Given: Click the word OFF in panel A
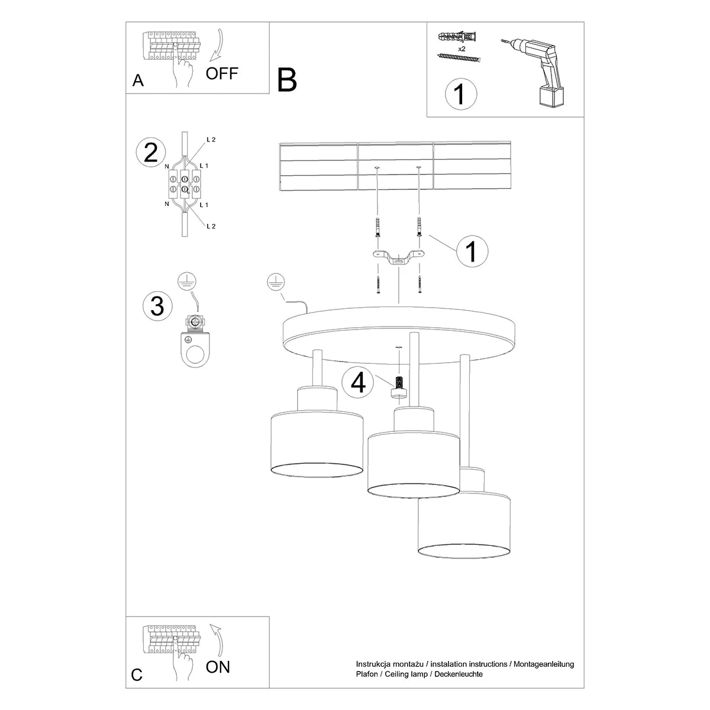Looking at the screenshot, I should [x=222, y=73].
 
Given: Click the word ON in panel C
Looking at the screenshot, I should [x=218, y=667].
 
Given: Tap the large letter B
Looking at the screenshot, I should [x=287, y=80].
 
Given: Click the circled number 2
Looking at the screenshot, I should [x=150, y=153].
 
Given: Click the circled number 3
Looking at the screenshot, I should [x=157, y=306].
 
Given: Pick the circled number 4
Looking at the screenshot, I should [x=359, y=383].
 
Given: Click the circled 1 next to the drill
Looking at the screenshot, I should [x=460, y=95].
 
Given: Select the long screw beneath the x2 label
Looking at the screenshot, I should [x=459, y=57].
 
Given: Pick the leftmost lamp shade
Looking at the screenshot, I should [x=317, y=441].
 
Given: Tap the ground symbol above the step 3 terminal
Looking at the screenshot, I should [x=187, y=282].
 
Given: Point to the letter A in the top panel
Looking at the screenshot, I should [x=138, y=80].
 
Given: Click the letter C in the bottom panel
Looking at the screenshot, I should [x=137, y=675].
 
